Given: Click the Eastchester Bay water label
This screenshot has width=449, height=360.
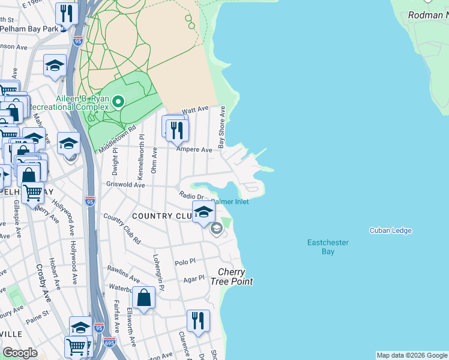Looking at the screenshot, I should coord(328,247).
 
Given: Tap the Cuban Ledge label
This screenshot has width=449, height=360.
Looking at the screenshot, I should coord(388,230).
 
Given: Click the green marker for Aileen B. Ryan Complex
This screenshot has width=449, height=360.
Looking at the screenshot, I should coord(118,101).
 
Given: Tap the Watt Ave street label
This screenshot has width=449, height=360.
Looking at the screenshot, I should coord(194,110).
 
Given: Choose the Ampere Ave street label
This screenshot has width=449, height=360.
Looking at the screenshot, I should coord(194,149).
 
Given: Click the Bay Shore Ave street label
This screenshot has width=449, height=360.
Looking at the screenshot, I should coord(221,127).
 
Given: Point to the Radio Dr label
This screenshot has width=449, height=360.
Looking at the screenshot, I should coord(193,196).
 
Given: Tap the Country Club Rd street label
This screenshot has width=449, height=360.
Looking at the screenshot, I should coord(121,229).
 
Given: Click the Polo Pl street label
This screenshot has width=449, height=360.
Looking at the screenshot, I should coord(185,262).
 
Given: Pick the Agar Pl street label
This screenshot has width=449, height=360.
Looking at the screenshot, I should coord(194,279).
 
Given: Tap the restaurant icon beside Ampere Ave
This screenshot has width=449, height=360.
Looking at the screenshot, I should coord(177,130).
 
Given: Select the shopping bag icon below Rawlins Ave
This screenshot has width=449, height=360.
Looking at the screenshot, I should coord(144,297).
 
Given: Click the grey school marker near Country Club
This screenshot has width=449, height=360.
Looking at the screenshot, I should coord(216,227).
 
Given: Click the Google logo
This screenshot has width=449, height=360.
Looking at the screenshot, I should coord(20,353).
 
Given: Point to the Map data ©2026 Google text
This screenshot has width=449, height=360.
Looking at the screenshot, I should coord(412,355).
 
